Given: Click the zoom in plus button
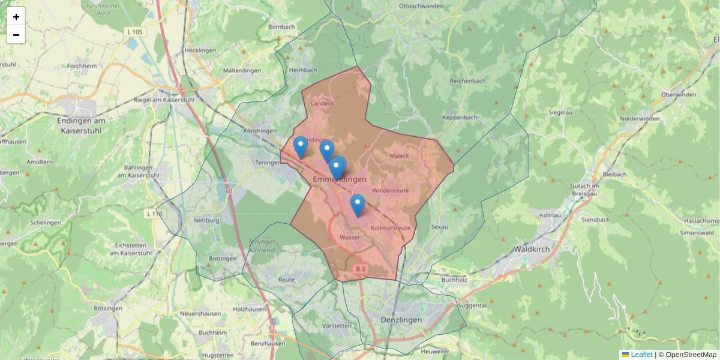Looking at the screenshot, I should pos(16,17).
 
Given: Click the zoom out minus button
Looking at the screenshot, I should pos(16,35).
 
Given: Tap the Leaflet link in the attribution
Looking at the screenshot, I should pos(641,355).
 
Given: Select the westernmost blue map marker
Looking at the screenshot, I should pos(300,146).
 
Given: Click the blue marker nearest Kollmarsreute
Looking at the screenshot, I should pos(358,205).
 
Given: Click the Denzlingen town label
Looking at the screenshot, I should pos(401,320).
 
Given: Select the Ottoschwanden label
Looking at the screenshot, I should pos(421,6).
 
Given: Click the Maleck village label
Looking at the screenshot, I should pos(399,156).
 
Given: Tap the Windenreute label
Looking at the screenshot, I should pos(390,190).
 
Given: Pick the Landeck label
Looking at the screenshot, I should pos(322,103).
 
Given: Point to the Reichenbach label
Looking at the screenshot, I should pos(467,80).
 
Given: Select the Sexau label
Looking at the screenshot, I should pos(439,227).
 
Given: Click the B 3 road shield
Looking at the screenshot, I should pos(359,269).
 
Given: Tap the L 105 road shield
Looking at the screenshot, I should pos(134,31).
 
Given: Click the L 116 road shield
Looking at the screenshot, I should pos(154,214).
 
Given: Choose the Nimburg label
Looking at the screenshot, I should pos(206,220).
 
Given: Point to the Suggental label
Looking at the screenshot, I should pos(472,305).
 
